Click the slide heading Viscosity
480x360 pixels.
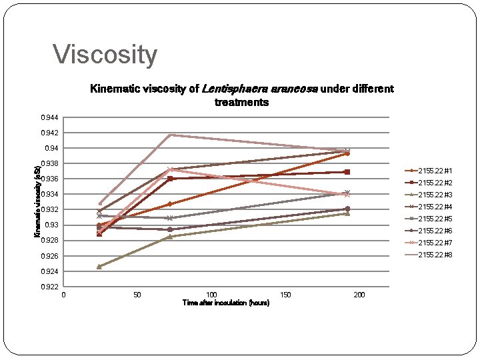pyautogui.click(x=105, y=55)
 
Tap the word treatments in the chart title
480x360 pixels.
pyautogui.click(x=241, y=103)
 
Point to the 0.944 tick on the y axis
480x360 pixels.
pyautogui.click(x=49, y=118)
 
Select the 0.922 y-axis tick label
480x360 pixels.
pyautogui.click(x=49, y=287)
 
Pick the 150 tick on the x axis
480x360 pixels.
pyautogui.click(x=286, y=295)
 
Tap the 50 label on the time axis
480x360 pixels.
pyautogui.click(x=137, y=295)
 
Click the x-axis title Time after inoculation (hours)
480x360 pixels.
pyautogui.click(x=226, y=303)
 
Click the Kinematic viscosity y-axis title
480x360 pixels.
pyautogui.click(x=37, y=201)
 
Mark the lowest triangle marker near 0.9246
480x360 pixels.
pyautogui.click(x=99, y=267)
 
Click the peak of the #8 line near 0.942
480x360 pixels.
pyautogui.click(x=171, y=135)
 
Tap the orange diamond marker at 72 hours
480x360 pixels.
pyautogui.click(x=171, y=204)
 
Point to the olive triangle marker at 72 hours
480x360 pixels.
pyautogui.click(x=171, y=237)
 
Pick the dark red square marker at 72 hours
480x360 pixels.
pyautogui.click(x=171, y=179)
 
